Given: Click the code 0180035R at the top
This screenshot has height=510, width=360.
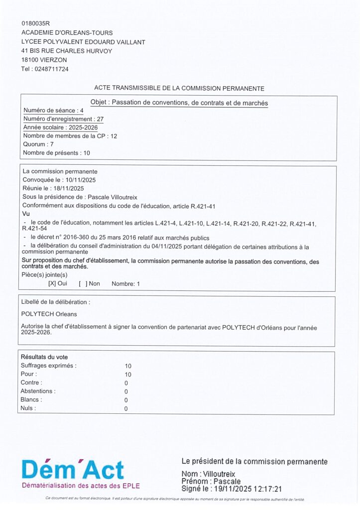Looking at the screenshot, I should [36, 23].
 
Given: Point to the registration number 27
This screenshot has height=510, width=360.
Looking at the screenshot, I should [100, 119].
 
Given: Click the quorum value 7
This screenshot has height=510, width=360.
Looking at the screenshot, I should [52, 144].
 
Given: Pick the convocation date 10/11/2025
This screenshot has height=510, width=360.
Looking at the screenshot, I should [81, 180].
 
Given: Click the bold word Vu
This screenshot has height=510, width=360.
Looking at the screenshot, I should [26, 214].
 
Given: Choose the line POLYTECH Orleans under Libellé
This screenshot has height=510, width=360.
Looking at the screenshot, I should [49, 314].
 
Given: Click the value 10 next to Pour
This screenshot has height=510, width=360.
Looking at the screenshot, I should [128, 374].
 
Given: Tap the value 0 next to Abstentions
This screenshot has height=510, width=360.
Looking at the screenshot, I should [126, 391].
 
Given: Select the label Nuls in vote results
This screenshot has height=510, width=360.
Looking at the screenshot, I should [28, 408].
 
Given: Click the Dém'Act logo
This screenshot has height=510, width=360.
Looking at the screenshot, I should [73, 470].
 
